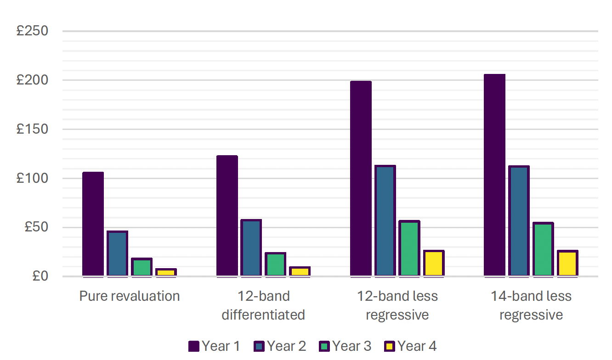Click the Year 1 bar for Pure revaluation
point(93,224)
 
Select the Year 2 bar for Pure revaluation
point(117,253)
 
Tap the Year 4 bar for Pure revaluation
point(166,272)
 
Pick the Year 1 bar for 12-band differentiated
point(227,216)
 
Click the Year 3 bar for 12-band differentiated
point(276,264)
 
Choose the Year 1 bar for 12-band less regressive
point(361,179)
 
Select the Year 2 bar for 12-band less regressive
point(385,221)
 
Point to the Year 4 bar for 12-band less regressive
point(434,264)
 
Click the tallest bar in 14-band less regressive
point(495,175)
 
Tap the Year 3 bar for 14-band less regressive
point(544,249)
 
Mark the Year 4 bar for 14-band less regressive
point(568,264)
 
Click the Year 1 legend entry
point(215,346)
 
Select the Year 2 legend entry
point(280,346)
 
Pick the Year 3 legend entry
point(345,346)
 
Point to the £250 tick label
point(32,31)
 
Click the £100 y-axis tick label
point(32,178)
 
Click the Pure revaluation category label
point(130,296)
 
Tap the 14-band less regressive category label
point(531,305)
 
